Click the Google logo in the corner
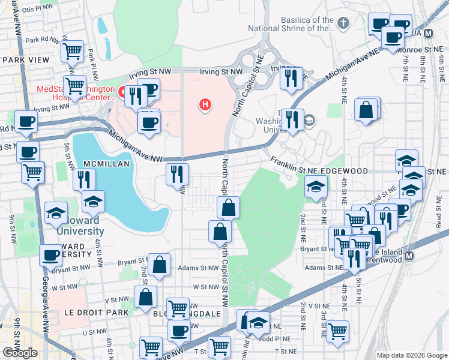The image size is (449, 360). click(20, 353)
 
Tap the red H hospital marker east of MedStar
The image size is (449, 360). click(205, 105)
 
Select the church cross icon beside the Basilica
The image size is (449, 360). click(343, 24)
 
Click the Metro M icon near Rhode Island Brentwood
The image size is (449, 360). click(409, 256)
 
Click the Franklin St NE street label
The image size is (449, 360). click(294, 165)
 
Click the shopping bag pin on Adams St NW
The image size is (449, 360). click(160, 264)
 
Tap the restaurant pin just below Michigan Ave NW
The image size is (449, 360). click(177, 174)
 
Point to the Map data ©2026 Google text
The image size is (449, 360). click(411, 355)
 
